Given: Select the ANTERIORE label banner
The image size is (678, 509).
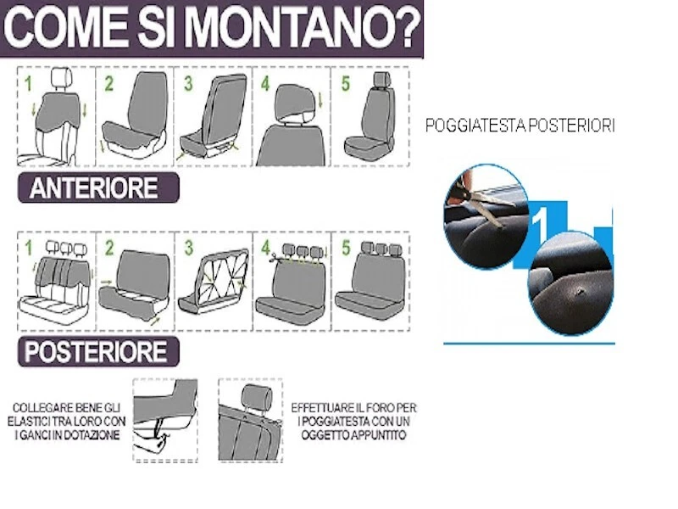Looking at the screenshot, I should coord(98,187).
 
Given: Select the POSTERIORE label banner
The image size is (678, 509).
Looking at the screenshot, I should coord(98,351).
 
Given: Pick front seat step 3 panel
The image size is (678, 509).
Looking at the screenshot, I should coord(213,117).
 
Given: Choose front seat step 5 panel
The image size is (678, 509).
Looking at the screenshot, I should coord(369,117).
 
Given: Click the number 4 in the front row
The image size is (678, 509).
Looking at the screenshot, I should coord(265,84).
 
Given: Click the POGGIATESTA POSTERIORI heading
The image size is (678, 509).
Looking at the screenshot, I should coord(520,126).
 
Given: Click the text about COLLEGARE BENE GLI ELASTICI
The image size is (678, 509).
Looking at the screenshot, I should coord(70,421).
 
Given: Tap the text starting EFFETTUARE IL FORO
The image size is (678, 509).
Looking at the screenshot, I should coord(353,421).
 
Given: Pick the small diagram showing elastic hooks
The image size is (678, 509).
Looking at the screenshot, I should coord(165,421).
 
